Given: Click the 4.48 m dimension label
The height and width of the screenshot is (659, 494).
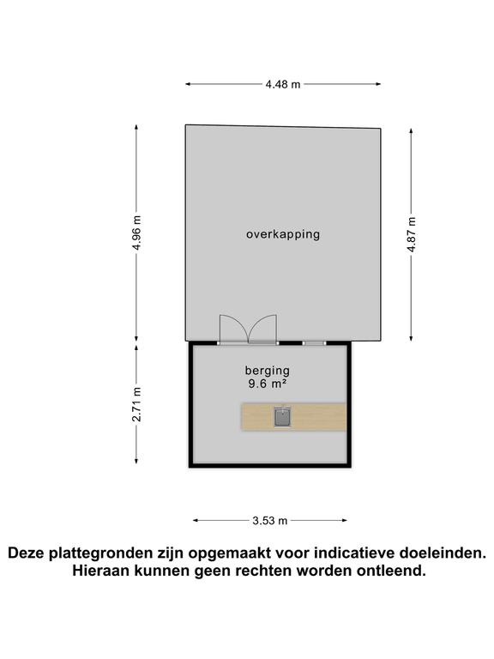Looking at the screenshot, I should click(282, 84).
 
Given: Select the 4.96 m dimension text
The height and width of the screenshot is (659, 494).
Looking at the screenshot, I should click(136, 232).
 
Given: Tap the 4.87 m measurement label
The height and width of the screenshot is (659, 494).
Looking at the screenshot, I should click(412, 232).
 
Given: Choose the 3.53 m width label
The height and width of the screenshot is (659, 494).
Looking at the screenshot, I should click(269, 520).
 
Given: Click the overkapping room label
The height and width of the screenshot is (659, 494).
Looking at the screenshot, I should click(282, 233).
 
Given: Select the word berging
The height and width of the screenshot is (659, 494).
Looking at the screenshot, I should click(267, 371).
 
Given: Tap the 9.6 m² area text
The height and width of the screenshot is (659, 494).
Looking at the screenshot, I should click(267, 385).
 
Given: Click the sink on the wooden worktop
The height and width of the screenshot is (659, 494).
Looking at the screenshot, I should click(283, 417).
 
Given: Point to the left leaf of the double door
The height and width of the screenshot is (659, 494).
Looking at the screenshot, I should click(233, 329).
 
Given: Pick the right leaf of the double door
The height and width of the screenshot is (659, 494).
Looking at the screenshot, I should click(263, 329).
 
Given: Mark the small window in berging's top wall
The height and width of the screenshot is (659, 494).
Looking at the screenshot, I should click(315, 342).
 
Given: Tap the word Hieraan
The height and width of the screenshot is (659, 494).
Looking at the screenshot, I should click(104, 571).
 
